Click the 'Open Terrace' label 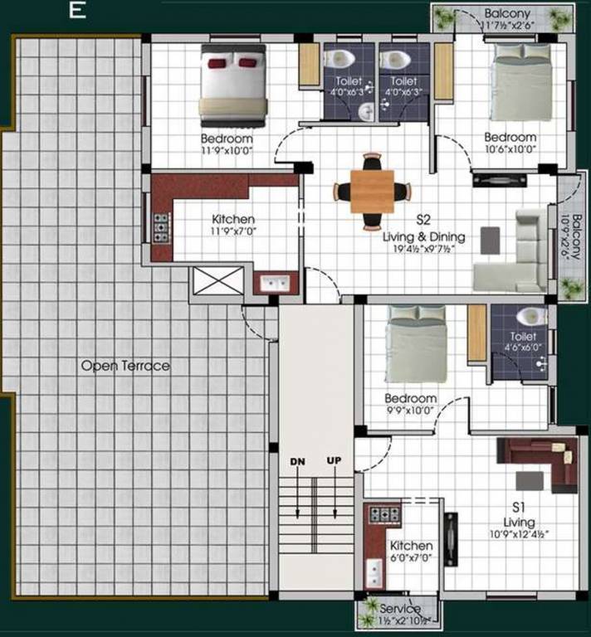(x=125, y=366)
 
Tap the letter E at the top (x=76, y=11)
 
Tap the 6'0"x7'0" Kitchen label (x=411, y=552)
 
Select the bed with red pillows (x=232, y=85)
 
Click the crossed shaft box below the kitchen (x=218, y=280)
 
